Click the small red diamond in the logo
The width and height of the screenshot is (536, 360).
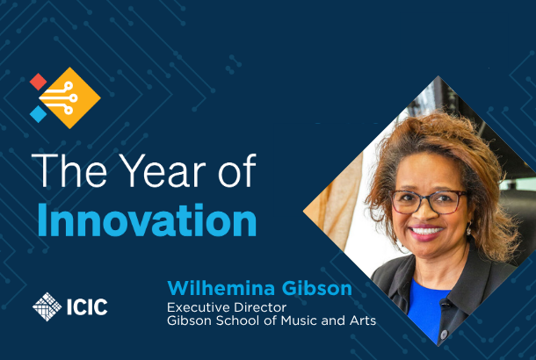(x=39, y=82)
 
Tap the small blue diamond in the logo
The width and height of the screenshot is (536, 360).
(x=39, y=114)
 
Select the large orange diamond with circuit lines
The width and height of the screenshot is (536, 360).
(x=70, y=98)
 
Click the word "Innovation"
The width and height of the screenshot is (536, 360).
(x=147, y=220)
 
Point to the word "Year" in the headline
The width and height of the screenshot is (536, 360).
(x=163, y=170)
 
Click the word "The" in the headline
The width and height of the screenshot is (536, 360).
(x=69, y=170)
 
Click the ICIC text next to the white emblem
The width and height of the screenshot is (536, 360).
(x=87, y=306)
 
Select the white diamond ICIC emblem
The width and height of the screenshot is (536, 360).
(x=47, y=306)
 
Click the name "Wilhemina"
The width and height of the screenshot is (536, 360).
(x=221, y=288)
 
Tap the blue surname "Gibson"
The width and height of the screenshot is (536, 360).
(x=317, y=288)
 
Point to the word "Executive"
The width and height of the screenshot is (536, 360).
(x=198, y=307)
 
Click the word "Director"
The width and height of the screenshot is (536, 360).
(x=259, y=307)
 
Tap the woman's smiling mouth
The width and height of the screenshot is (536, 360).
(x=426, y=232)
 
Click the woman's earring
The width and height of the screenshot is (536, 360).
(x=469, y=229)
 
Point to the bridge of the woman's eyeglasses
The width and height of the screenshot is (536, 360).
(x=429, y=198)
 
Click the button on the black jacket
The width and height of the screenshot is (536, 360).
(x=444, y=334)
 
